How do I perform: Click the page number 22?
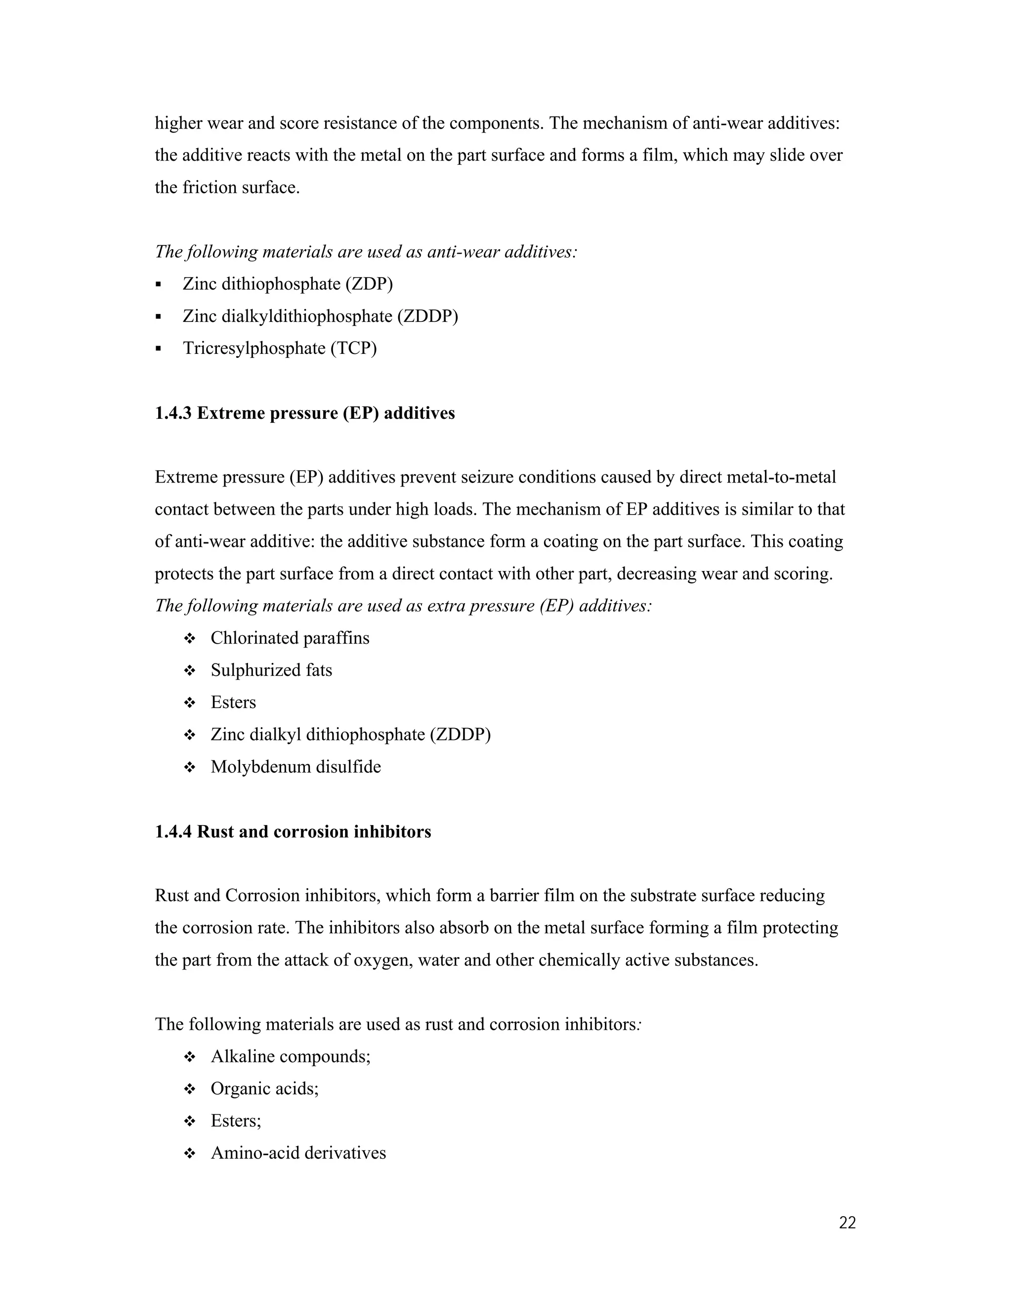[x=847, y=1223]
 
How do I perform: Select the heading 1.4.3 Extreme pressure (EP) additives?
[x=304, y=413]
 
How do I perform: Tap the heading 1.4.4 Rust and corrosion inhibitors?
[x=293, y=832]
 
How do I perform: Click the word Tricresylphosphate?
[x=254, y=349]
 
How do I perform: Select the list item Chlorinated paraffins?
[x=290, y=638]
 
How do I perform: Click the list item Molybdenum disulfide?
[x=295, y=767]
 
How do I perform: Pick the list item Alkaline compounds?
[x=290, y=1056]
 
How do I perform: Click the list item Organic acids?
[x=264, y=1089]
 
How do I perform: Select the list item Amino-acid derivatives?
[x=298, y=1153]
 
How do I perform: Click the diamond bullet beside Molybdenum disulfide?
[x=189, y=768]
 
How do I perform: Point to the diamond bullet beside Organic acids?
[x=189, y=1089]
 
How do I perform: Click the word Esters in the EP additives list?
[x=233, y=703]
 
